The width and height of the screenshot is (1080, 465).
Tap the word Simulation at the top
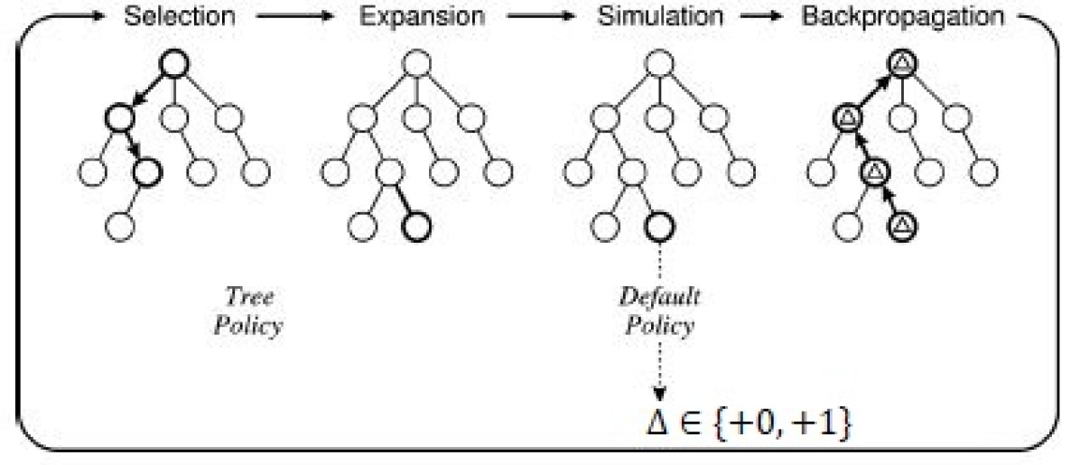click(x=660, y=17)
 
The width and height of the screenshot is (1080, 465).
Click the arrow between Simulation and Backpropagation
click(x=770, y=18)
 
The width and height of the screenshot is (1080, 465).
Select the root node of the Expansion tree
click(x=414, y=62)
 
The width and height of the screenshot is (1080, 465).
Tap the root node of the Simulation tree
click(x=657, y=62)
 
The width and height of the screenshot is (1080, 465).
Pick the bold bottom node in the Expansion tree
click(x=414, y=225)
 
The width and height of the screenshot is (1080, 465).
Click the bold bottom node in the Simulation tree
click(x=657, y=225)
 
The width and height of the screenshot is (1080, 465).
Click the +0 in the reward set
click(x=749, y=423)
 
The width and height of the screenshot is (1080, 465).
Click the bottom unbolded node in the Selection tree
click(x=119, y=225)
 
